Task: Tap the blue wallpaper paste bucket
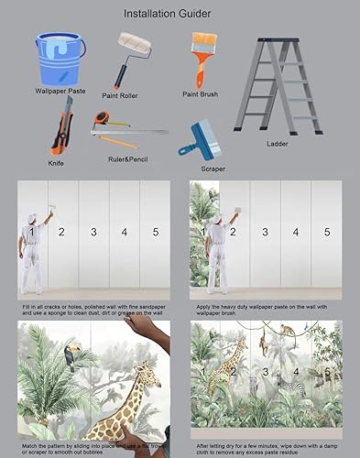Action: [x=60, y=59]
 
